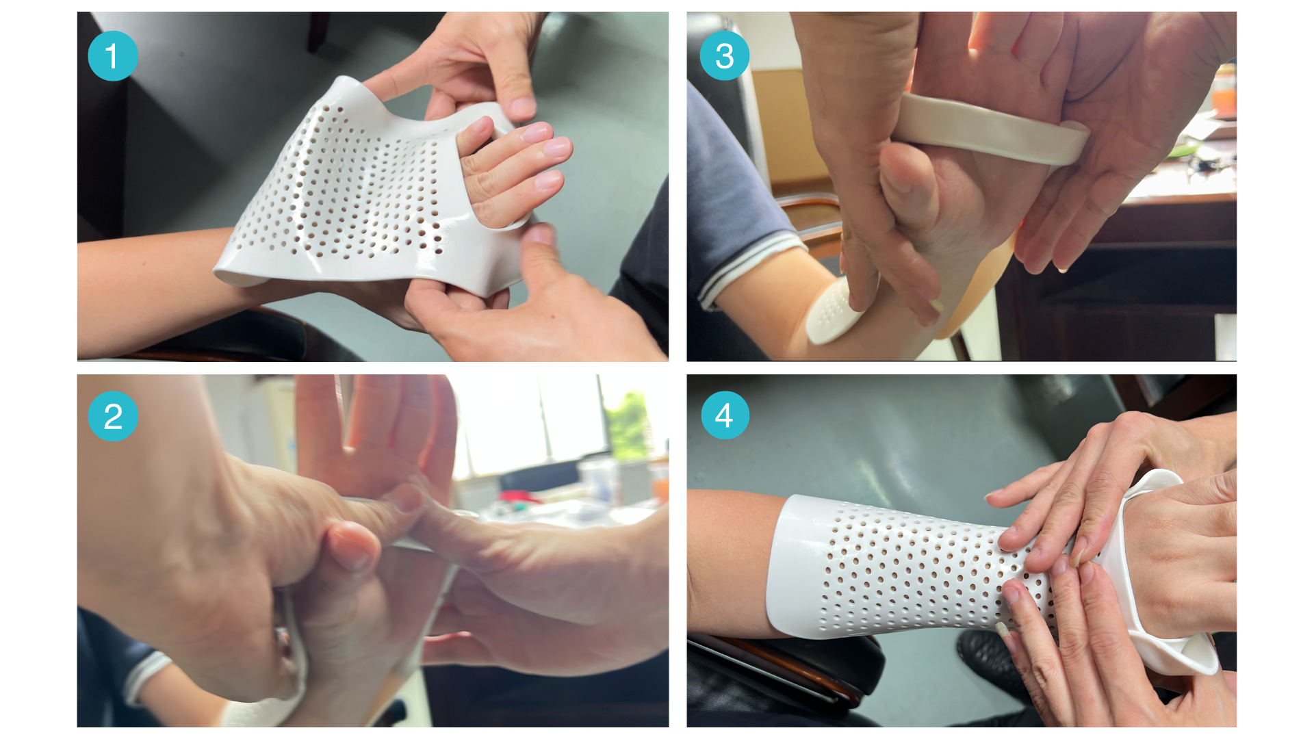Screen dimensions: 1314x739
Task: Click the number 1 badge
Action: (x=113, y=56)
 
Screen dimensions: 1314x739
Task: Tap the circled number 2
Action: (x=113, y=416)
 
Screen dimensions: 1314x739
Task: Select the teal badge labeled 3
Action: (x=725, y=56)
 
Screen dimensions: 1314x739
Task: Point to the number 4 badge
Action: (x=725, y=415)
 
